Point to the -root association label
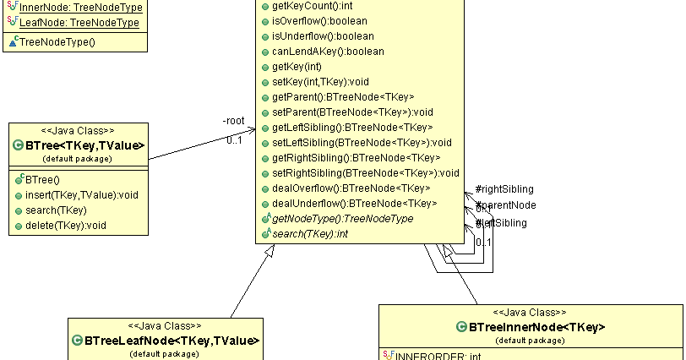click(x=233, y=121)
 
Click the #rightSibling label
click(x=504, y=189)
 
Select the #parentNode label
click(x=506, y=205)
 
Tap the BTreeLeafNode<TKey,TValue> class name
click(x=171, y=341)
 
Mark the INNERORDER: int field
click(x=437, y=357)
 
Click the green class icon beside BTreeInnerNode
click(x=461, y=327)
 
